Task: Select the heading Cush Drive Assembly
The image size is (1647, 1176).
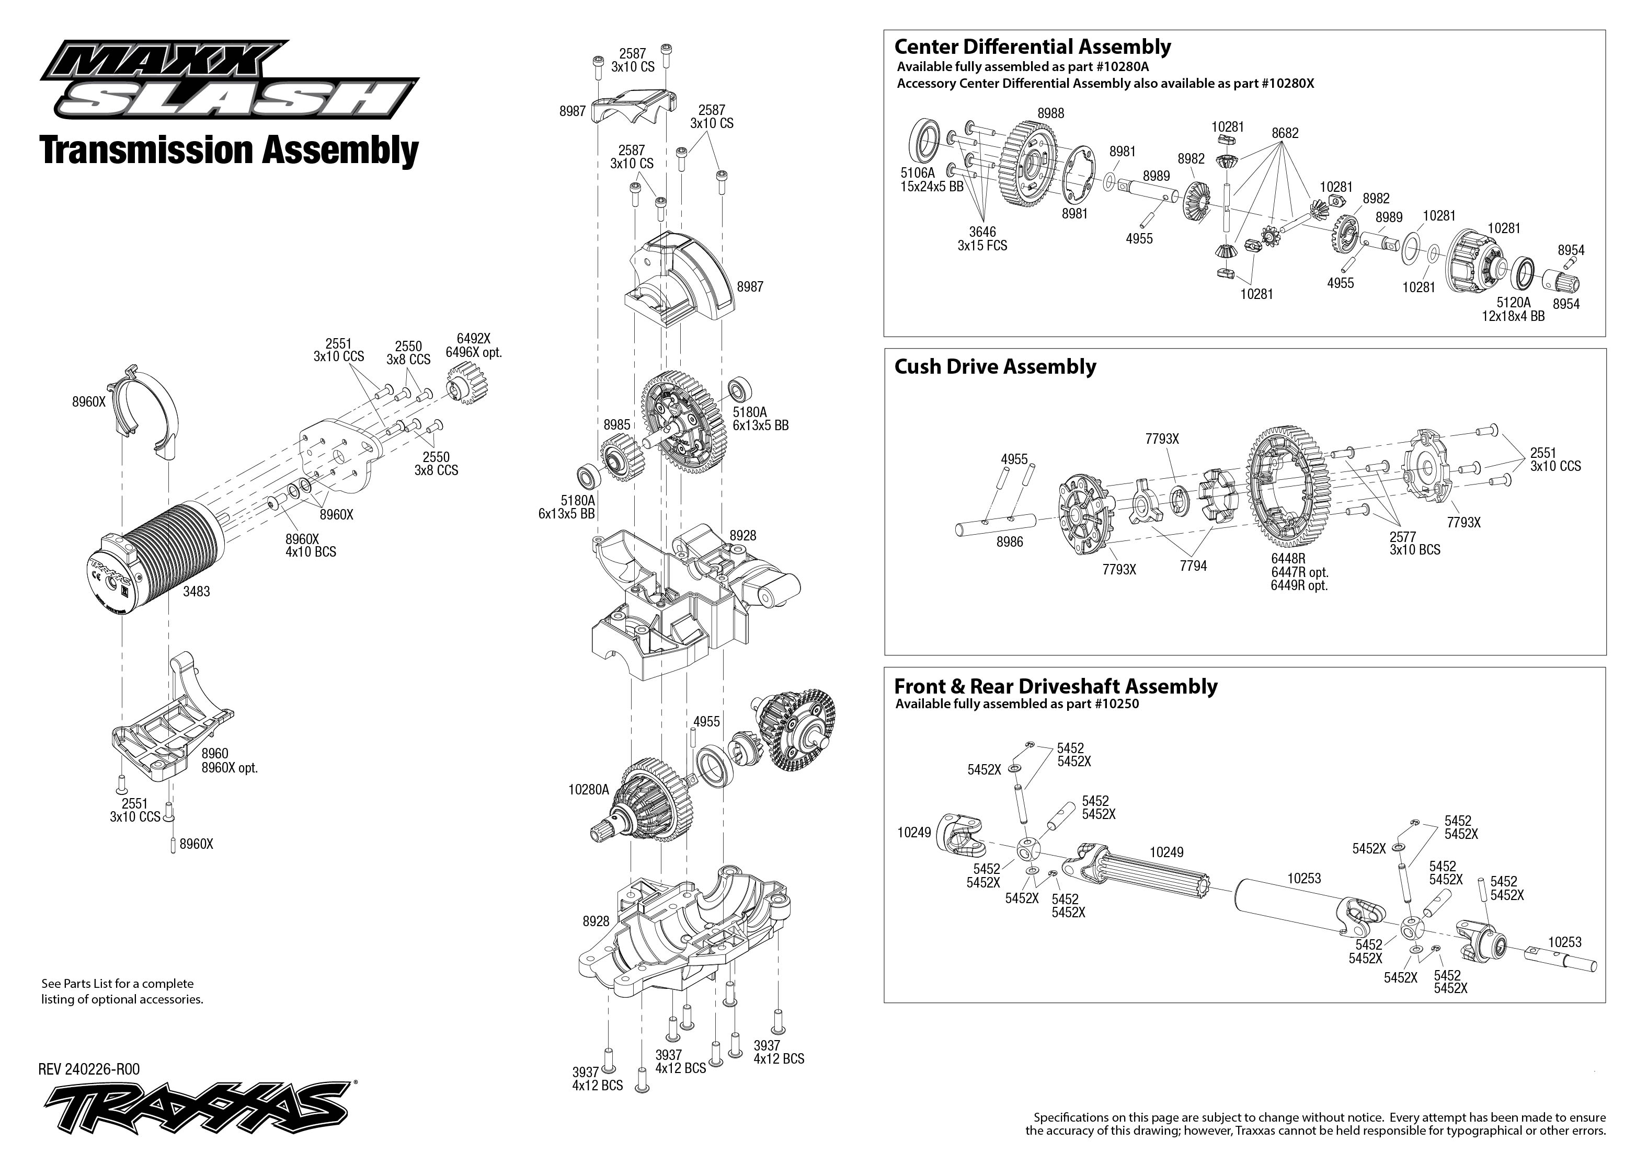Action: coord(994,366)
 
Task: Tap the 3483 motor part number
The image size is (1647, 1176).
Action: coord(196,592)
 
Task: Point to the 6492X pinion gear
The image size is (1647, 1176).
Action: coord(465,384)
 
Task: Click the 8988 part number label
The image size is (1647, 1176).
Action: coord(1051,114)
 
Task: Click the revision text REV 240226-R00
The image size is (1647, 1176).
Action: coord(89,1069)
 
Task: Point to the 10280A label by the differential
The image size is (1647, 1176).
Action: coord(588,790)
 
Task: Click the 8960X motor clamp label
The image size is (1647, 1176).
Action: coord(88,402)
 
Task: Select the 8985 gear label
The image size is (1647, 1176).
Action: coord(616,425)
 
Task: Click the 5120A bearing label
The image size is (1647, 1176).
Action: coord(1514,302)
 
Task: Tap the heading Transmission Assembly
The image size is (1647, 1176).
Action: coord(230,151)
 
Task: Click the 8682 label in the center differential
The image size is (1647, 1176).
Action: coord(1285,133)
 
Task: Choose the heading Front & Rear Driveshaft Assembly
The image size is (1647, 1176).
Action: coord(1055,686)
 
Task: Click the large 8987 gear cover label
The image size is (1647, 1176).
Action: coord(750,287)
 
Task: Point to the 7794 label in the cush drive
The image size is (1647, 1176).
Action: coord(1193,566)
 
